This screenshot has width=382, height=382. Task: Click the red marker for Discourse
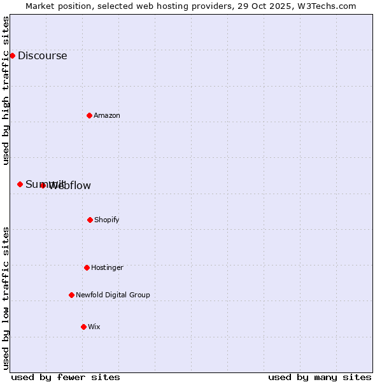pyautogui.click(x=12, y=55)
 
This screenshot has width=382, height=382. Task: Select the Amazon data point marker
pyautogui.click(x=89, y=115)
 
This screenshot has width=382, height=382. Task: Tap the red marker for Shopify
pyautogui.click(x=90, y=220)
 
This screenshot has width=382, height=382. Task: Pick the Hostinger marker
pyautogui.click(x=87, y=267)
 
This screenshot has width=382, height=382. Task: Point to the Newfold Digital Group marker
pyautogui.click(x=71, y=295)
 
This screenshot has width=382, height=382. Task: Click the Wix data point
pyautogui.click(x=83, y=327)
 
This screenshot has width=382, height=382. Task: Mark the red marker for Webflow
pyautogui.click(x=43, y=185)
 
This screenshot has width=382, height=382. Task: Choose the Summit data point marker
pyautogui.click(x=20, y=184)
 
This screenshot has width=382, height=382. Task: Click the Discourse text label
pyautogui.click(x=42, y=55)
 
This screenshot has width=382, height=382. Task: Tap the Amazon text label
pyautogui.click(x=106, y=115)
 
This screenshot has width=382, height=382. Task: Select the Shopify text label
pyautogui.click(x=106, y=220)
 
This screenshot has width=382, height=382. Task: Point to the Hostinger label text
pyautogui.click(x=107, y=267)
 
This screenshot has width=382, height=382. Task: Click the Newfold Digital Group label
pyautogui.click(x=113, y=295)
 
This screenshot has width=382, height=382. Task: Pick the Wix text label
pyautogui.click(x=94, y=327)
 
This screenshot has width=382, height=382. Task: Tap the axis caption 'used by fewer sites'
pyautogui.click(x=66, y=377)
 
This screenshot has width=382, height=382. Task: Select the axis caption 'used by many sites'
pyautogui.click(x=320, y=377)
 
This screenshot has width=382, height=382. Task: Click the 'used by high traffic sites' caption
pyautogui.click(x=6, y=90)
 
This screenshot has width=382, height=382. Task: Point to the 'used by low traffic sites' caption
pyautogui.click(x=6, y=298)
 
